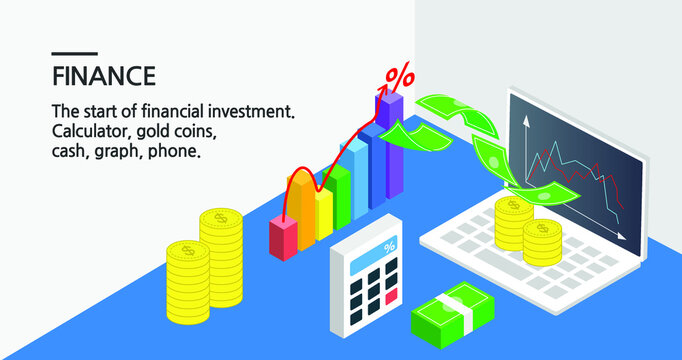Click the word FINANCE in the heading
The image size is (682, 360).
coord(103,76)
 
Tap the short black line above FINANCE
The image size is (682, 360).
coord(74,53)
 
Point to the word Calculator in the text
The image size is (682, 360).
coord(93,132)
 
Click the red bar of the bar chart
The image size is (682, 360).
coord(283,239)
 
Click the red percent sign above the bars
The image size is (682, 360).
coord(400,76)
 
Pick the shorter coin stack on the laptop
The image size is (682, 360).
coord(542,242)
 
